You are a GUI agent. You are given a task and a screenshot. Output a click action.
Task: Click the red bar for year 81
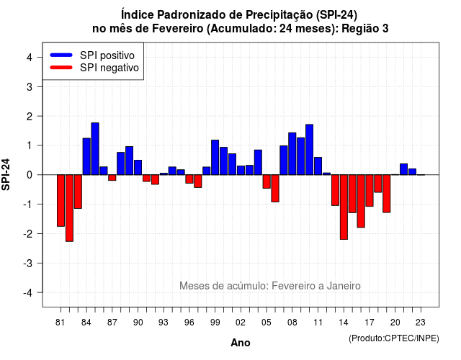pos(61,200)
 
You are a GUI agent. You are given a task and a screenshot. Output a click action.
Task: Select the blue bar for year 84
pos(86,156)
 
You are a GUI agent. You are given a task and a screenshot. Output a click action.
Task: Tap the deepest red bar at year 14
pos(344,207)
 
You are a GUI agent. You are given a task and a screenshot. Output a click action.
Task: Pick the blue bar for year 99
pos(215,157)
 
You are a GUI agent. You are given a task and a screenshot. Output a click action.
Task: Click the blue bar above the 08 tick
pos(292,153)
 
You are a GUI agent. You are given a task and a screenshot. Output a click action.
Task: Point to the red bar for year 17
pos(370,190)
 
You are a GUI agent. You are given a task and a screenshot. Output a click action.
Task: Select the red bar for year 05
pos(267,181)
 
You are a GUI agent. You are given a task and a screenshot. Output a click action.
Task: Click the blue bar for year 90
pos(138,167)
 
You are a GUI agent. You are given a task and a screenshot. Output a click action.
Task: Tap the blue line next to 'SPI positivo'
pos(61,55)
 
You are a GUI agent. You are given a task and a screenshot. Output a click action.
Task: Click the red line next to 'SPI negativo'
pos(61,67)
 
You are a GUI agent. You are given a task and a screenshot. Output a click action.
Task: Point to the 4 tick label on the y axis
pos(30,58)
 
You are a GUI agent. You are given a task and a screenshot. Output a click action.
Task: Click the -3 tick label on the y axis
pos(28,263)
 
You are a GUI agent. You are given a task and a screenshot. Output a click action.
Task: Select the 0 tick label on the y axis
pos(30,175)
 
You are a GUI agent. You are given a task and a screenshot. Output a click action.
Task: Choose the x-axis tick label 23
pos(421,323)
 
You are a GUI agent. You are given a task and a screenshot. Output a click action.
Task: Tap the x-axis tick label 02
pos(241,323)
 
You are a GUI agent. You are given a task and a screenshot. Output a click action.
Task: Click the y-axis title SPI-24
pos(6,174)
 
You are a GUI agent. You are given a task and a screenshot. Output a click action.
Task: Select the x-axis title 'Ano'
pos(241,343)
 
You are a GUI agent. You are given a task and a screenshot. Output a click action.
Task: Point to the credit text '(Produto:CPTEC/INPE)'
pos(394,338)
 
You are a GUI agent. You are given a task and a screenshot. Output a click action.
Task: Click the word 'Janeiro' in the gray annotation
pos(344,286)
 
